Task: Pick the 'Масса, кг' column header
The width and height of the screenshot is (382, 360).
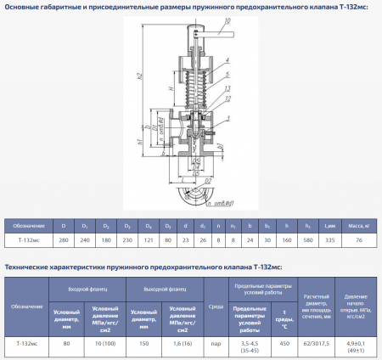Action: (357, 226)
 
